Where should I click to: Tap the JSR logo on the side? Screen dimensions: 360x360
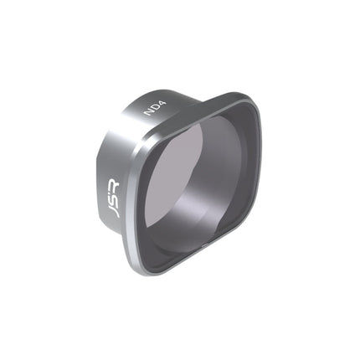pos(112,198)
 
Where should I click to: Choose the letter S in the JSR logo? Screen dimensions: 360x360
pos(112,198)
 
